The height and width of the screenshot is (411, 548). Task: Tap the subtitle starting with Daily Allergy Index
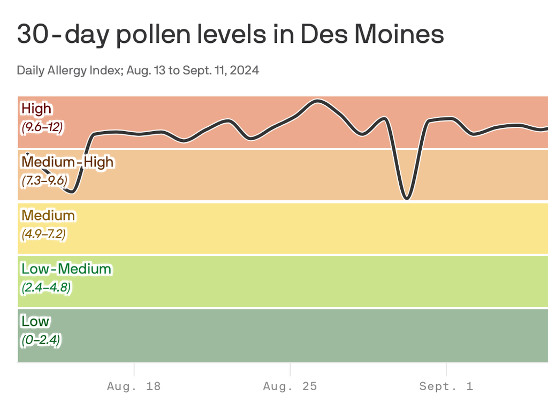tap(138, 70)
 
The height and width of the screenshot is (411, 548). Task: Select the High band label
tap(36, 109)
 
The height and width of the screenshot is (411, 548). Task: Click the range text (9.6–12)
tap(42, 128)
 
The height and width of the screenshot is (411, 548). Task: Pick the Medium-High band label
tap(67, 162)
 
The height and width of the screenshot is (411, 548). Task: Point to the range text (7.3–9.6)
tap(44, 181)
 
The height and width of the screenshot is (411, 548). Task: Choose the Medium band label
tap(48, 215)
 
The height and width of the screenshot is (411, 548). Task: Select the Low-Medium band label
tap(66, 268)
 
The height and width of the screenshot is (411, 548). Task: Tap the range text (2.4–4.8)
tap(46, 287)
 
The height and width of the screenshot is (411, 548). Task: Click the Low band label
tap(35, 321)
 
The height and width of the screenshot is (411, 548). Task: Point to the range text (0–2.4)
tap(41, 340)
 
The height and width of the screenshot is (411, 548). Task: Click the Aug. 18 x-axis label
tap(134, 386)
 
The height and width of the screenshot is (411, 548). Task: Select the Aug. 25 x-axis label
tap(290, 386)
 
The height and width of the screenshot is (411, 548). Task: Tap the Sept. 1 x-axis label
tap(446, 386)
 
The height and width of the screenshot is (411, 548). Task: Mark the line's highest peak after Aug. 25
tap(318, 101)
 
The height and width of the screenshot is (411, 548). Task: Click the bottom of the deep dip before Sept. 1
tap(407, 199)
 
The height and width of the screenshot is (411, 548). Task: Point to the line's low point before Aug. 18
tap(72, 192)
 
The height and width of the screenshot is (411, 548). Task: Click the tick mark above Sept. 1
tap(446, 369)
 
